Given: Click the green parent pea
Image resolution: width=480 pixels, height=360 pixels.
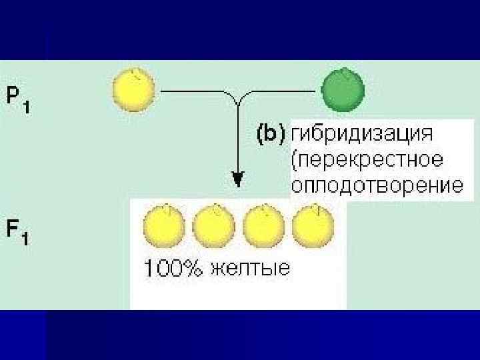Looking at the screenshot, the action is [343, 89].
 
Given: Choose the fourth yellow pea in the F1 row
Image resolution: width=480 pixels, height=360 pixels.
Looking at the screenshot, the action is [313, 226].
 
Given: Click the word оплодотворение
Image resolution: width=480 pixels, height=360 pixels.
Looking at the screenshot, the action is [377, 185].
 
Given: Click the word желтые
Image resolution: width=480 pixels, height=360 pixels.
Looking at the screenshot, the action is [250, 269].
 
